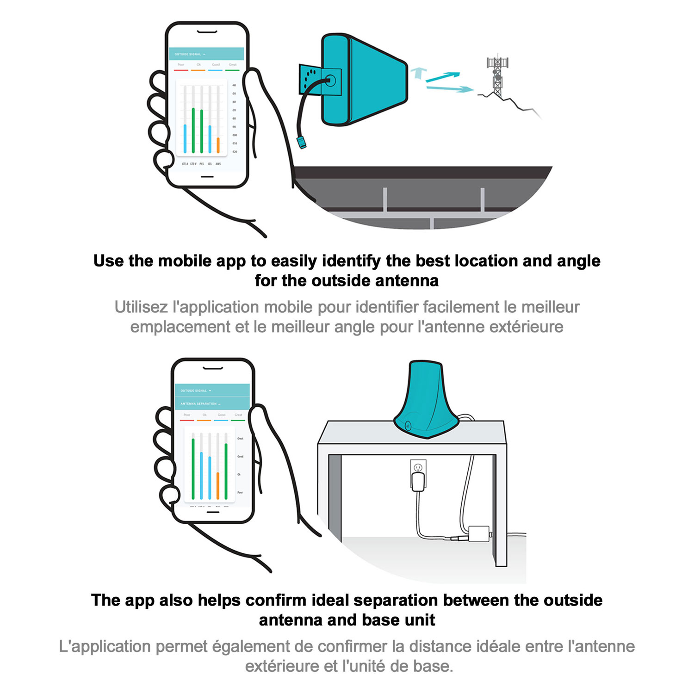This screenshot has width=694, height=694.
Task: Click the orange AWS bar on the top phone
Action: click(218, 145)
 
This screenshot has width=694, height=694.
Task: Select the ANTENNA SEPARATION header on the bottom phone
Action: click(199, 403)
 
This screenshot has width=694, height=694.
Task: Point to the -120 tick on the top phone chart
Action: click(234, 152)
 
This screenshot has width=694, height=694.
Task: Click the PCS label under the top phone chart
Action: click(202, 164)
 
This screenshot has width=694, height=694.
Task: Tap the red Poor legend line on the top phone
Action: click(181, 70)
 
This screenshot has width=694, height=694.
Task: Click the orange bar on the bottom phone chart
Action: click(217, 485)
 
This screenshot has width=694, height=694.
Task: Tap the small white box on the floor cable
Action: click(479, 533)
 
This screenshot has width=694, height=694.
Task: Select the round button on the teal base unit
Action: click(408, 426)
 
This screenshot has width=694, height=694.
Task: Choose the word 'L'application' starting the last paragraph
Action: click(105, 646)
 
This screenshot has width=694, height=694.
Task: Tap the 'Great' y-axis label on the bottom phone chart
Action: click(240, 438)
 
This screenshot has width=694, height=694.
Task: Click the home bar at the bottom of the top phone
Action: click(207, 176)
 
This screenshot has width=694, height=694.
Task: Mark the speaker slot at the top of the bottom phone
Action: click(213, 368)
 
